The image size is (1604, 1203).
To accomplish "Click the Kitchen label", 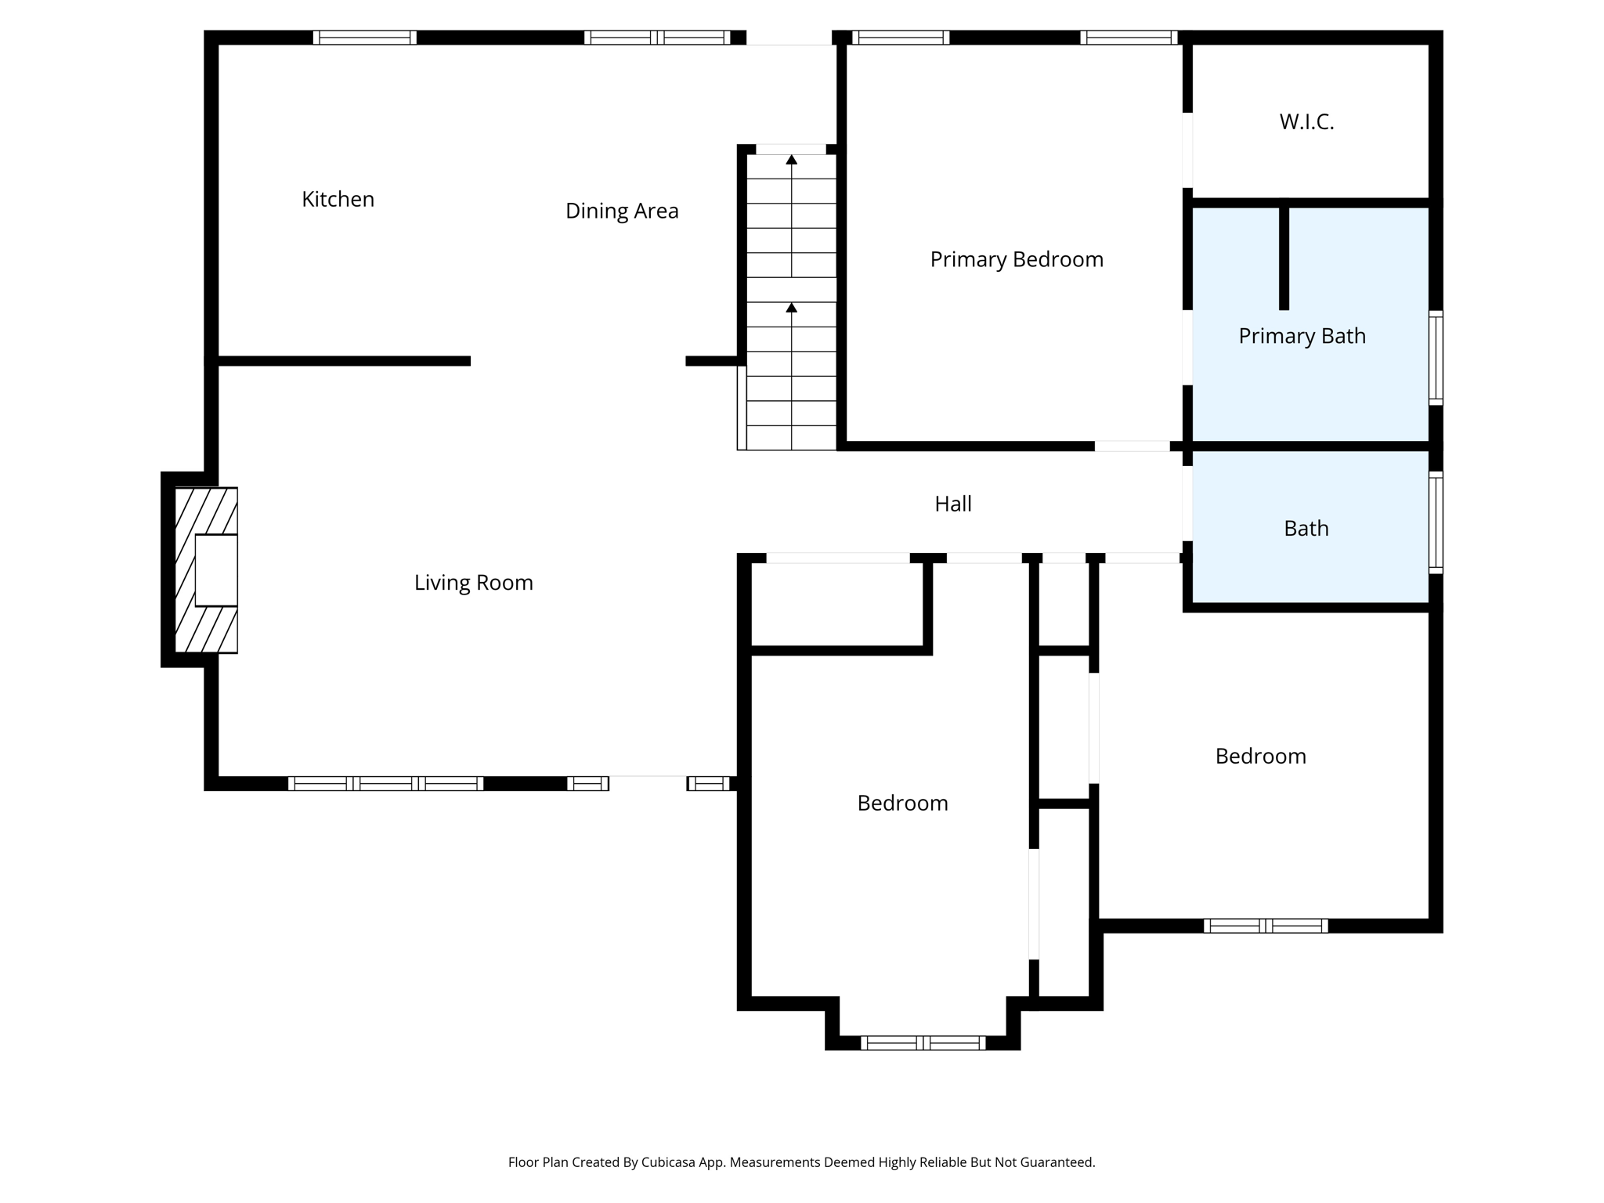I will click(x=338, y=200).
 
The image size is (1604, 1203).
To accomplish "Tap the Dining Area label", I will click(x=621, y=211).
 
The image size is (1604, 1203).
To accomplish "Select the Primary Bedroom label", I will click(x=1016, y=260).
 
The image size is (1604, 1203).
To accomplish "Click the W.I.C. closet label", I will click(x=1306, y=122).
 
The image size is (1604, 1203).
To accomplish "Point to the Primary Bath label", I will click(x=1301, y=337).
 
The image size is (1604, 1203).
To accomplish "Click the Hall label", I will click(x=952, y=504).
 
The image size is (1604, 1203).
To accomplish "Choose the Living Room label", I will click(x=473, y=583).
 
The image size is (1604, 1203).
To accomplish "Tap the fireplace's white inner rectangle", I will click(x=215, y=570).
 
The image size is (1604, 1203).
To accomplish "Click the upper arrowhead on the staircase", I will click(x=791, y=160).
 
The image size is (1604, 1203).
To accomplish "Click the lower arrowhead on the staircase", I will click(x=791, y=308).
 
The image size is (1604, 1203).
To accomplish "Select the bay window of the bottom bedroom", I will click(x=922, y=1042).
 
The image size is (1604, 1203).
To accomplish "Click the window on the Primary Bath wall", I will click(x=1435, y=358).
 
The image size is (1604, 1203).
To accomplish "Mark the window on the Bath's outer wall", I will click(x=1435, y=522).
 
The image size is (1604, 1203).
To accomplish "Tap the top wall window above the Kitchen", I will click(x=364, y=38).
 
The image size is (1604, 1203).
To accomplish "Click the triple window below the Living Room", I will click(x=385, y=783).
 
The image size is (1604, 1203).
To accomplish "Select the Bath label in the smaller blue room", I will click(x=1306, y=529).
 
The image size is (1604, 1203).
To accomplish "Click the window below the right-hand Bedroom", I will click(x=1265, y=926).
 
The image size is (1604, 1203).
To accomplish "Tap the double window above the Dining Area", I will click(x=657, y=38).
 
